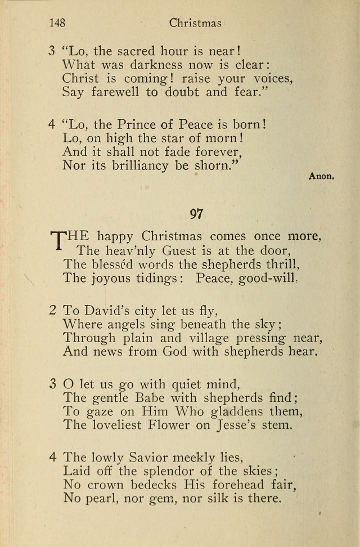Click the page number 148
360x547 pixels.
[x=57, y=23]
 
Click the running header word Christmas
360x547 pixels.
[x=195, y=23]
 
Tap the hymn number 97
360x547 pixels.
[x=196, y=214]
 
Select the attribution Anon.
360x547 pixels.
[x=322, y=176]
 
